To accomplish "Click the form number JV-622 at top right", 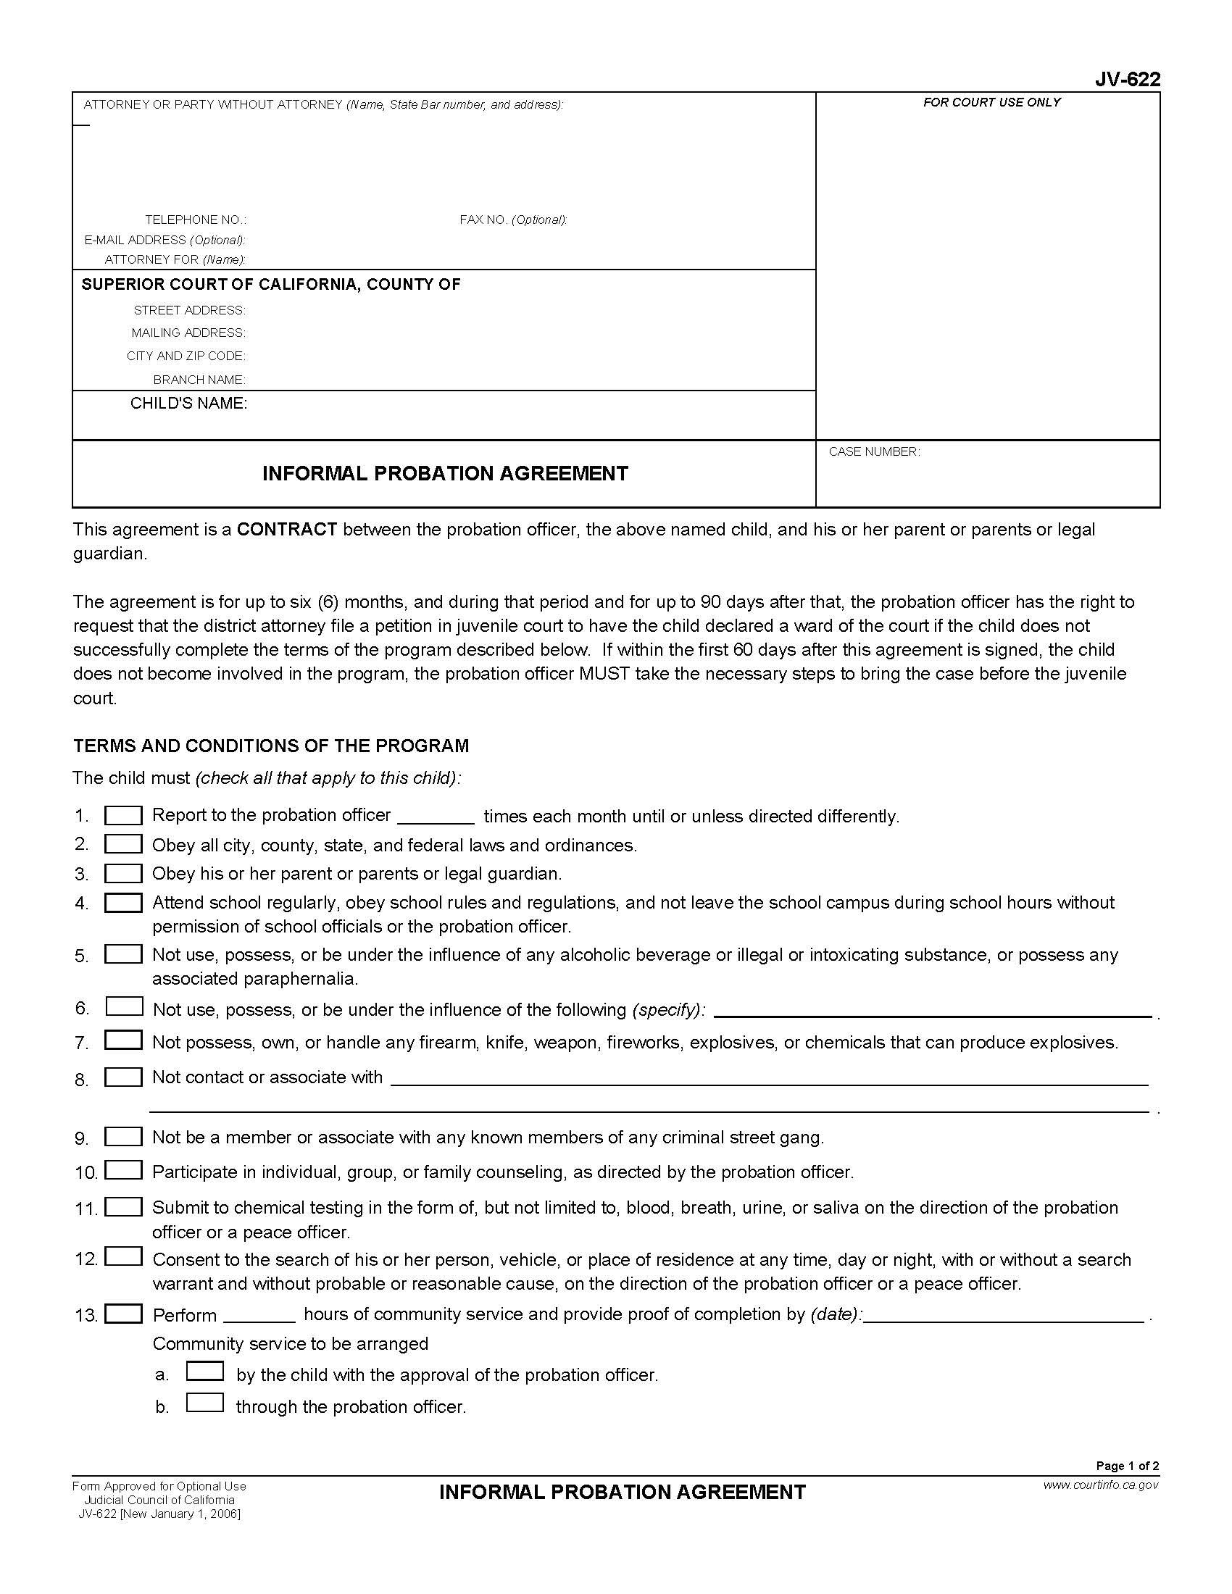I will [x=1127, y=79].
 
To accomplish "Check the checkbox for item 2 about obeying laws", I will [x=123, y=844].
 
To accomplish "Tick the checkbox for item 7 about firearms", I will [x=123, y=1040].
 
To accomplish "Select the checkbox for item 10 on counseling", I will [x=123, y=1170].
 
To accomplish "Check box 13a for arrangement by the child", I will [x=204, y=1372].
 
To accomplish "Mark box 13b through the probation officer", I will [x=204, y=1403].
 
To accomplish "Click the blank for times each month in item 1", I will [x=436, y=817].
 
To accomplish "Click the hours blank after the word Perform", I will [x=259, y=1314].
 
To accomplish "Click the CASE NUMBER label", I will [x=874, y=452].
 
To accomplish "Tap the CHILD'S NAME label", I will [x=188, y=404].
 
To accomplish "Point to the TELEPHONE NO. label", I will [x=196, y=220].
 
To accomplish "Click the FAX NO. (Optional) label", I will [x=513, y=220].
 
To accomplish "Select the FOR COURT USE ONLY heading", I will [x=991, y=102].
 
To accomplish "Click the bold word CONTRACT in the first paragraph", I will [x=287, y=529].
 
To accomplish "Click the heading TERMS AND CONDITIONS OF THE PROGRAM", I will [x=271, y=745].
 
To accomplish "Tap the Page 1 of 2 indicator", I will [x=1127, y=1466].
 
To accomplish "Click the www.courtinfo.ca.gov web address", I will [x=1101, y=1485].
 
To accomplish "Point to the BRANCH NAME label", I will [x=199, y=380].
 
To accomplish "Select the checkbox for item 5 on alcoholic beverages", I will [x=123, y=954].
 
